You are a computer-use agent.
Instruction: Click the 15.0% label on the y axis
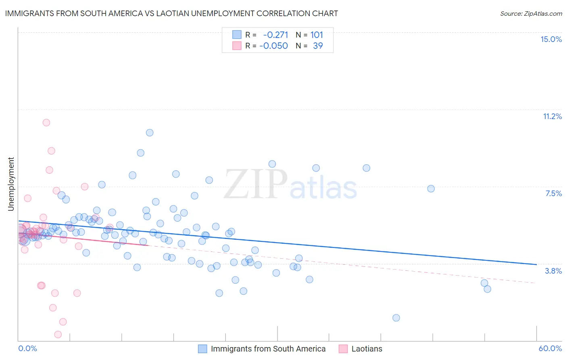pos(551,39)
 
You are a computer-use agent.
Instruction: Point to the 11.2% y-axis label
pos(552,116)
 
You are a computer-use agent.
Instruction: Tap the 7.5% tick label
pos(553,193)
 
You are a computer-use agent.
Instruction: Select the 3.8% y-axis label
pos(553,271)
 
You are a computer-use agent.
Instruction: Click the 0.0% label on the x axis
pos(27,348)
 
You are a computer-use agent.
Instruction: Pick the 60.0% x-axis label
pos(550,348)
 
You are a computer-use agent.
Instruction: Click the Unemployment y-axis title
pos(11,184)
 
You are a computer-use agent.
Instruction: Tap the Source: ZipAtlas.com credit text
pos(531,13)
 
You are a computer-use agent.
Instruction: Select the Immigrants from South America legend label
pos(268,349)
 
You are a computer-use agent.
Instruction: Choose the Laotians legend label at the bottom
pos(367,349)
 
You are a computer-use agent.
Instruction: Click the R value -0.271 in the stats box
pos(275,35)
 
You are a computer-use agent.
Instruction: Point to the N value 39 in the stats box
pos(318,46)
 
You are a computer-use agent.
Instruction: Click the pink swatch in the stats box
pos(237,46)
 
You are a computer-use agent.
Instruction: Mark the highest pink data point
pos(46,122)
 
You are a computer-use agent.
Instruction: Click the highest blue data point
pos(150,132)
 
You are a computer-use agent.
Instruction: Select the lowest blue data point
pos(396,318)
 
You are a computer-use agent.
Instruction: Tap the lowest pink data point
pos(58,334)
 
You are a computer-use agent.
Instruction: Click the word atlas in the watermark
pos(323,188)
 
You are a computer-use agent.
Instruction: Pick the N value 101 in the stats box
pos(317,35)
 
